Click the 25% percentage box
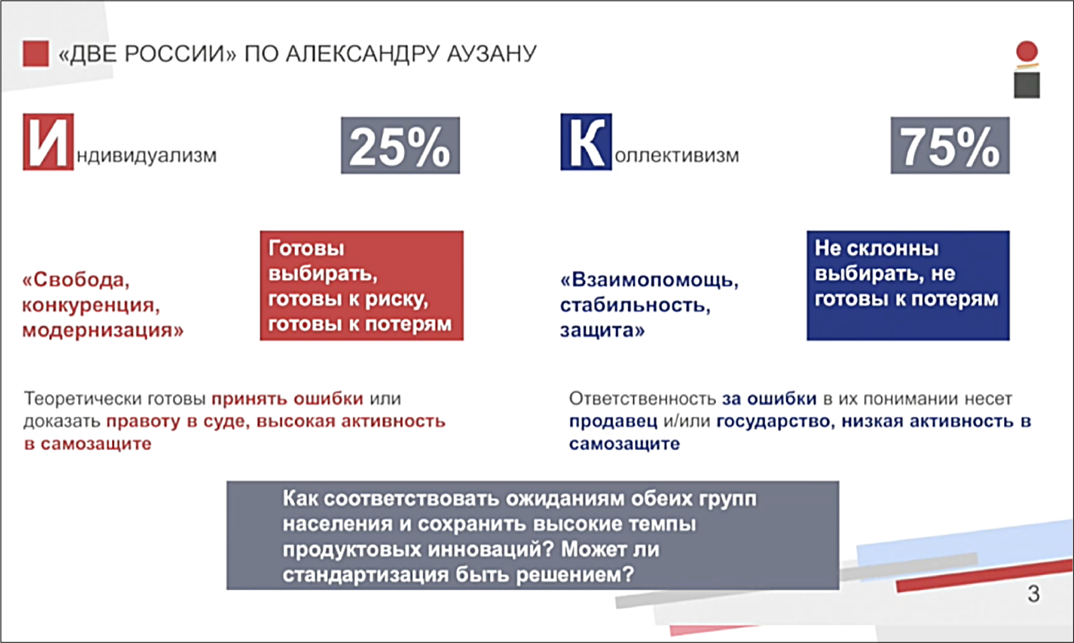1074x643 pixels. [401, 145]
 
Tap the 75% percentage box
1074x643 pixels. [950, 145]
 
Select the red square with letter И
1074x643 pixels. [48, 142]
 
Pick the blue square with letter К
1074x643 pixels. [586, 142]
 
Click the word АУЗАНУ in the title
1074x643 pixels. [492, 54]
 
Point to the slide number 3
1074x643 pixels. [1033, 594]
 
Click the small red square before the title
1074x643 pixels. [35, 53]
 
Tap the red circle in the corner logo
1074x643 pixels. [1026, 51]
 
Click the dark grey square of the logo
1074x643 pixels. [1026, 85]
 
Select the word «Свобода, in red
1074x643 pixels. [76, 280]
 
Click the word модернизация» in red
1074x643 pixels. [103, 330]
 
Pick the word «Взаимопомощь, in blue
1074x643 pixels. [649, 280]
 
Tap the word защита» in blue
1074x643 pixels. [602, 330]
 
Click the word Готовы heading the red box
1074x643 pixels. [306, 248]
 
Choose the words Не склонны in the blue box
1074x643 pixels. [876, 248]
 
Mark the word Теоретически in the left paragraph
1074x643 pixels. [82, 398]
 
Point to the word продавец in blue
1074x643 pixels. [613, 421]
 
